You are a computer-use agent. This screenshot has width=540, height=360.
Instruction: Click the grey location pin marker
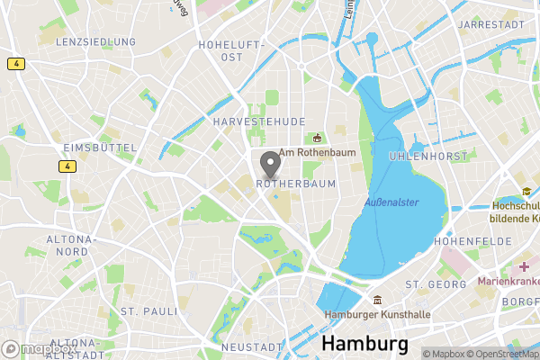(x=269, y=165)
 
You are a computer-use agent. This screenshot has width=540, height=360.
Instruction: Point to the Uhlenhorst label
(x=428, y=157)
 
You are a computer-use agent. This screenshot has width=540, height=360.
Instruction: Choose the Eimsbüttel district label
(x=100, y=148)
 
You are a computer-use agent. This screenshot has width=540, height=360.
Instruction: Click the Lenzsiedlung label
(x=95, y=42)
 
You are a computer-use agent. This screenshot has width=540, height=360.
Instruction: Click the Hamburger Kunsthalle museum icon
(x=378, y=300)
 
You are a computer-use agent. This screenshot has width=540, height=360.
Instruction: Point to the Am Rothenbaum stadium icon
(x=317, y=138)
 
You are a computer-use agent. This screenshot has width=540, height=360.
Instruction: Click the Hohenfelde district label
(x=472, y=242)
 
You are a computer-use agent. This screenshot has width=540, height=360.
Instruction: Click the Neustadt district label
(x=253, y=347)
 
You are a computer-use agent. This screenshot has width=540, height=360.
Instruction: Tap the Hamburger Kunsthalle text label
(x=378, y=315)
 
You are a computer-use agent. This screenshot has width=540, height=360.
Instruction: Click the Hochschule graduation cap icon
(x=526, y=192)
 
